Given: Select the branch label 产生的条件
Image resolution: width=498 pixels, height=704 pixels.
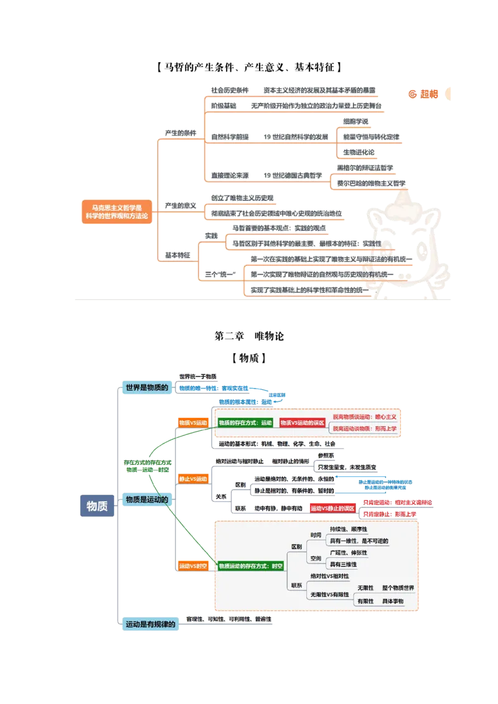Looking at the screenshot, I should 180,133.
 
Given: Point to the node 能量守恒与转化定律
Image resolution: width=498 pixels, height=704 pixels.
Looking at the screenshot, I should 371,136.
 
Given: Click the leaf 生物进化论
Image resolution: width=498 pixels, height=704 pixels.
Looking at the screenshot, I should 359,152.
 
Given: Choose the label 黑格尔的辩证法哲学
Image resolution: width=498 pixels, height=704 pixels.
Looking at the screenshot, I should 365,168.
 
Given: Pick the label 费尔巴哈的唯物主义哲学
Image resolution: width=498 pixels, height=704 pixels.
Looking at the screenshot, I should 371,183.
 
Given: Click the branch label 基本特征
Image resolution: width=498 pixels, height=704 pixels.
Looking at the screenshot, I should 177,255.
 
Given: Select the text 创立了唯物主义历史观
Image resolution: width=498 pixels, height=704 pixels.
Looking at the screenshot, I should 242,198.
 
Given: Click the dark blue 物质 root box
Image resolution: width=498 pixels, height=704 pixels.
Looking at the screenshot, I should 97,506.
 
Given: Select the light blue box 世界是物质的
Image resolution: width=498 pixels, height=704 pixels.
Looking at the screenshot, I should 147,387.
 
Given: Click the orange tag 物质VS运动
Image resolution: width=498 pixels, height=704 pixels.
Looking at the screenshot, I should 192,423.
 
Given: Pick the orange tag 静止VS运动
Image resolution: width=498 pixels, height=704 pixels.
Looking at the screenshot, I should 192,479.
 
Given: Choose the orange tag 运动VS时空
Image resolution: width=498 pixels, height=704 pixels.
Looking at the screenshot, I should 192,566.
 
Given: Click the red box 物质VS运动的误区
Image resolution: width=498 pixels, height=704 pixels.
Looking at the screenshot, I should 302,422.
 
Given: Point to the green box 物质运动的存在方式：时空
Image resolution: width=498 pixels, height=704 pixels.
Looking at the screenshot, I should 251,566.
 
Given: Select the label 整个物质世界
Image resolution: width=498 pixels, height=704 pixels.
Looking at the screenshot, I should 398,588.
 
